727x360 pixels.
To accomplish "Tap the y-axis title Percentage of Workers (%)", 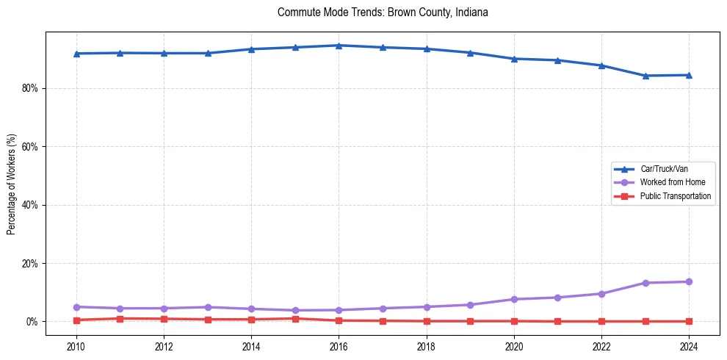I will pyautogui.click(x=11, y=184).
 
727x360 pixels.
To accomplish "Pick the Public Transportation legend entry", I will pyautogui.click(x=675, y=196).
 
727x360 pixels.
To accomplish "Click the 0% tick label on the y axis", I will pyautogui.click(x=32, y=322).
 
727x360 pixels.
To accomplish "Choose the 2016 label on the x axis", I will pyautogui.click(x=339, y=346).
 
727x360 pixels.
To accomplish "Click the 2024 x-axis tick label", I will pyautogui.click(x=689, y=346).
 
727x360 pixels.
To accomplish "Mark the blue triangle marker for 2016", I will pyautogui.click(x=339, y=46).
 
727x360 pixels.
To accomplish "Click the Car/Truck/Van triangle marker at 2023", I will pyautogui.click(x=645, y=76).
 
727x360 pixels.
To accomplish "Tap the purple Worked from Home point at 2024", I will pyautogui.click(x=689, y=282).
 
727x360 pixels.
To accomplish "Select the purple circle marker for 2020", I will pyautogui.click(x=514, y=299).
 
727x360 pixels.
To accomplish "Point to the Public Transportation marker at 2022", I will pyautogui.click(x=601, y=321).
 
